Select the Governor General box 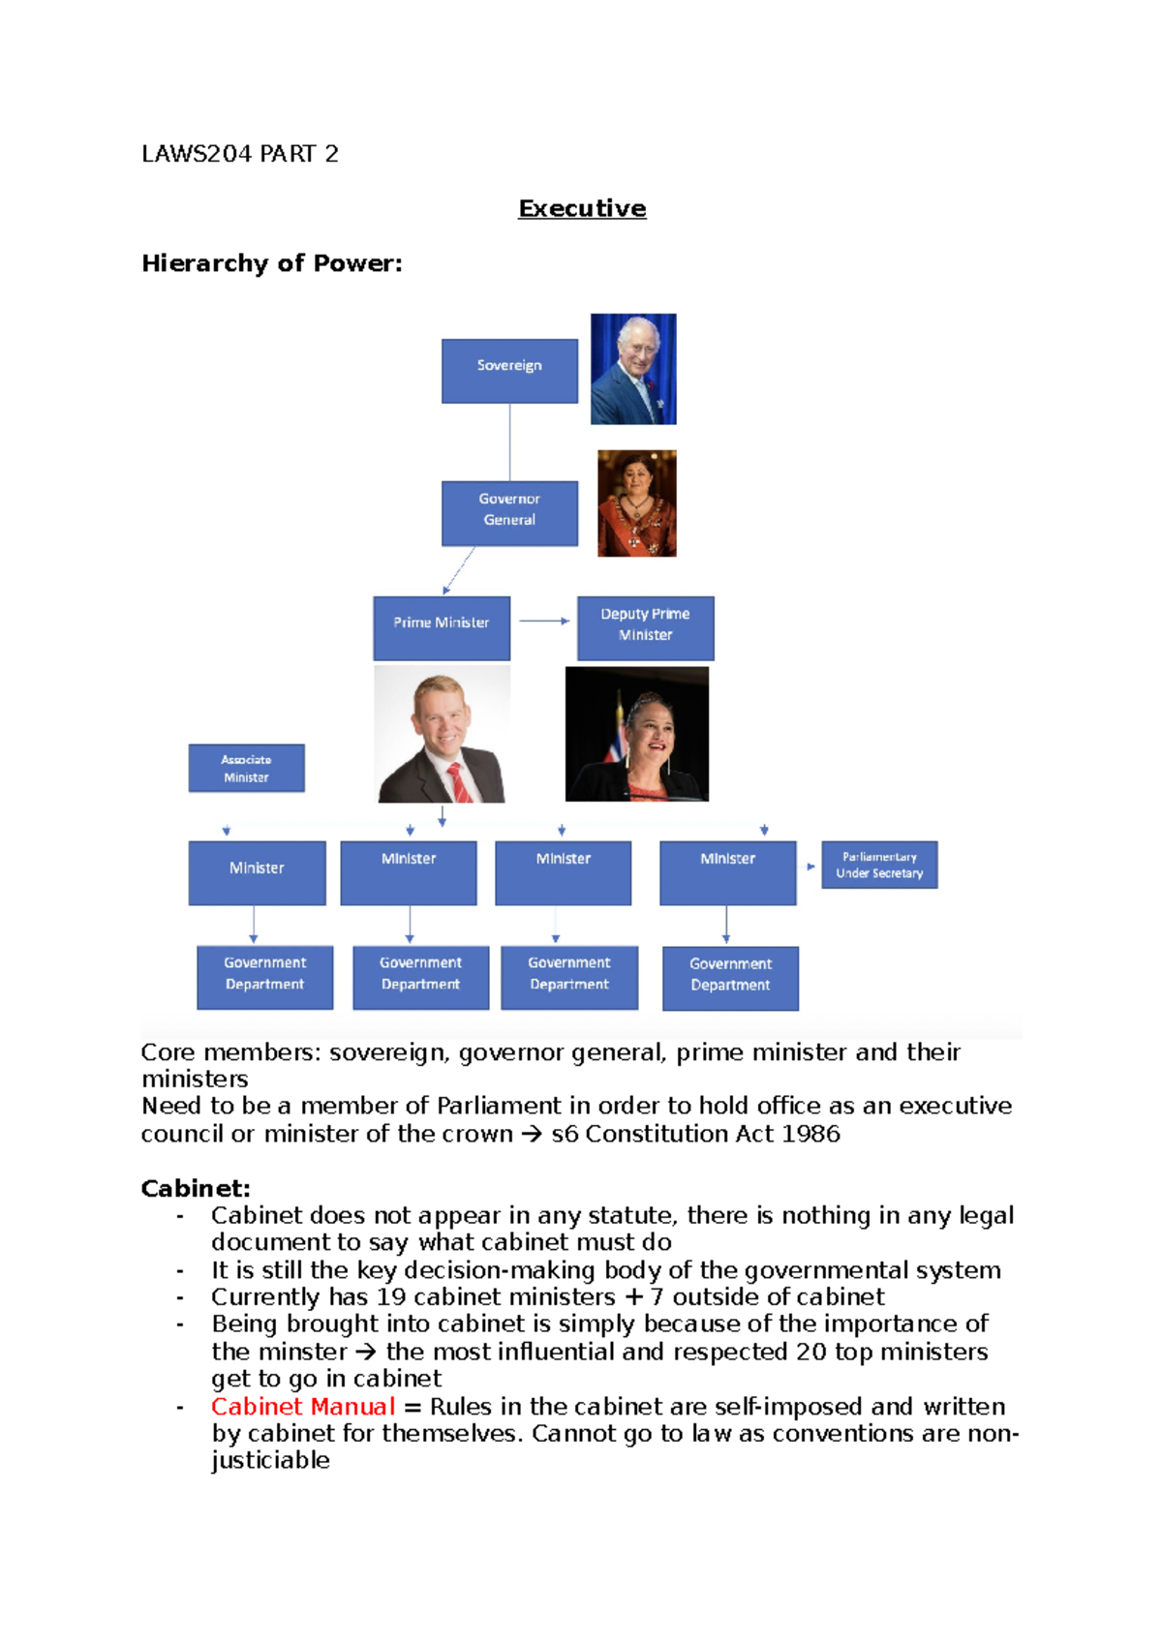pos(509,512)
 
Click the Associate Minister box pos(246,768)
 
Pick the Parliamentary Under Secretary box pos(879,865)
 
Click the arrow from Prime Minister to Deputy pos(543,621)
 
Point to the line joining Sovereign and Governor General pos(509,441)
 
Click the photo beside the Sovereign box pos(633,369)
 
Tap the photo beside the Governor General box pos(636,503)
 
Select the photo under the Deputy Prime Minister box pos(636,734)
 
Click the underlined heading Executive pos(582,208)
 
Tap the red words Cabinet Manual pos(303,1406)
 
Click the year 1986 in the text pos(810,1134)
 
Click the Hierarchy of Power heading pos(271,263)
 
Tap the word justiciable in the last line pos(270,1460)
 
